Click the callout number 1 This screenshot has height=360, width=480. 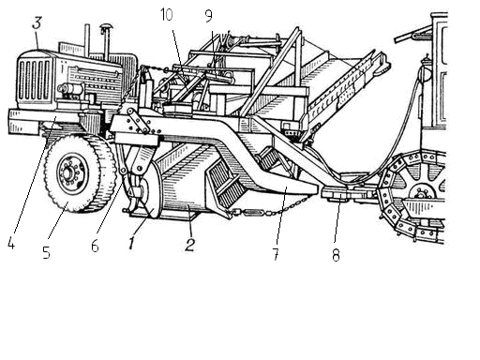tap(132, 243)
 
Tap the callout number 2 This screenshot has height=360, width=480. tap(189, 245)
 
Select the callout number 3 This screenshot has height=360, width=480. tap(37, 22)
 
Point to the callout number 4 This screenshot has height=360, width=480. tap(11, 243)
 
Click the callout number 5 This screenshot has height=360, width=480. tap(46, 252)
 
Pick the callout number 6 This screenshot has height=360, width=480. tap(95, 246)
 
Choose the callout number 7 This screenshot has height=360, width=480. tap(276, 254)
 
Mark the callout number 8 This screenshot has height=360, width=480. tap(336, 255)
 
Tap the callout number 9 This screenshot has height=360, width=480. tap(208, 16)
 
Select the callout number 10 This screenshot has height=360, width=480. tap(167, 14)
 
